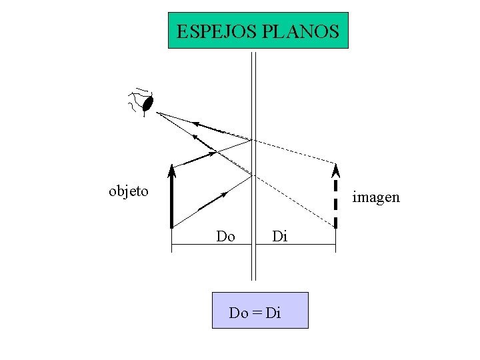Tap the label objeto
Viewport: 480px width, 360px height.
[x=129, y=192]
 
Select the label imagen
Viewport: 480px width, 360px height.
[x=376, y=197]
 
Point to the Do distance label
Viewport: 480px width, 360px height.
[x=225, y=236]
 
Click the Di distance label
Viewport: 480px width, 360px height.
[x=279, y=236]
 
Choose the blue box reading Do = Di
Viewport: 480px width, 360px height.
[x=260, y=310]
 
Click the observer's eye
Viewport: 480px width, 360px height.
[x=149, y=103]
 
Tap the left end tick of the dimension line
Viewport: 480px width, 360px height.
[x=172, y=247]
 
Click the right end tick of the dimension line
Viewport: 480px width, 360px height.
[x=335, y=247]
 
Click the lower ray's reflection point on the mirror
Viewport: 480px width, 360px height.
[x=252, y=175]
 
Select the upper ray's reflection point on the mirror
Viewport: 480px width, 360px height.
[x=252, y=139]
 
